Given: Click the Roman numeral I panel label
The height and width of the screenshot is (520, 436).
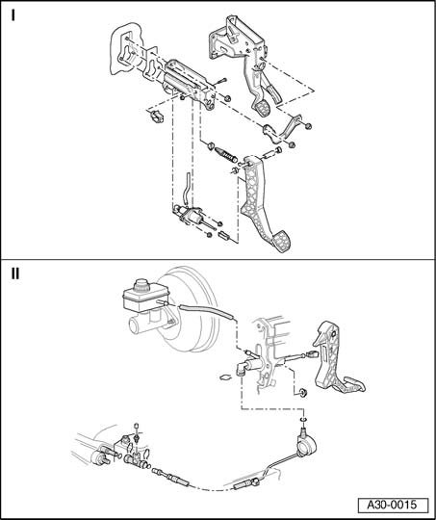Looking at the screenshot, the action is pyautogui.click(x=13, y=15).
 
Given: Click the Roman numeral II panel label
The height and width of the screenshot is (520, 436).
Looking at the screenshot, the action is pyautogui.click(x=15, y=273).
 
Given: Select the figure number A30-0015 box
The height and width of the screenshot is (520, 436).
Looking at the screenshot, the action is pyautogui.click(x=393, y=505).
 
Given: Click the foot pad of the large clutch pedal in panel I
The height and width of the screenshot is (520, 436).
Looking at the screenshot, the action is pyautogui.click(x=283, y=242).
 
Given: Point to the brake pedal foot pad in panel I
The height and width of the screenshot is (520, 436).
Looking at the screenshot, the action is pyautogui.click(x=263, y=109).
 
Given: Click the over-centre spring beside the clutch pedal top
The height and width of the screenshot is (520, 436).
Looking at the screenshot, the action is pyautogui.click(x=225, y=155).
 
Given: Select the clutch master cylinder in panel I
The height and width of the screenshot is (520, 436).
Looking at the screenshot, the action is pyautogui.click(x=188, y=216).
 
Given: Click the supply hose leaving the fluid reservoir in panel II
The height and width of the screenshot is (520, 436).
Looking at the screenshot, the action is pyautogui.click(x=207, y=312).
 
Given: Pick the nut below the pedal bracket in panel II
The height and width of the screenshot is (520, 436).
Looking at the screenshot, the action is pyautogui.click(x=302, y=393).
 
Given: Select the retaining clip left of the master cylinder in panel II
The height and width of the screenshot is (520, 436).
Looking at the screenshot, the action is pyautogui.click(x=226, y=377).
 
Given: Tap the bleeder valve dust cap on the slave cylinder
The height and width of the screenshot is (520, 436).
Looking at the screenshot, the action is pyautogui.click(x=136, y=427).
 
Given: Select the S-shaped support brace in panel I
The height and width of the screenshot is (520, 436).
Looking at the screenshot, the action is pyautogui.click(x=282, y=130).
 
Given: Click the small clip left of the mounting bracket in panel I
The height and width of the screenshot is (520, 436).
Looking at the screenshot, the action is pyautogui.click(x=156, y=116).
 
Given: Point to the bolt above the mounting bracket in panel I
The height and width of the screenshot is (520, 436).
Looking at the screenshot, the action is pyautogui.click(x=220, y=81).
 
